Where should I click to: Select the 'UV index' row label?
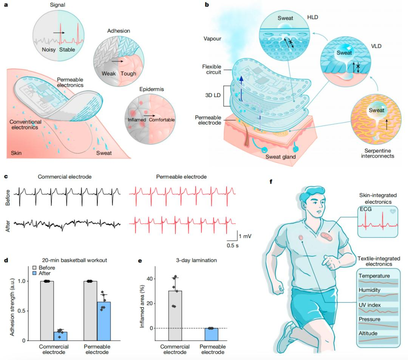click(370, 305)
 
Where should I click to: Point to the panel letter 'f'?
click(270, 181)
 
